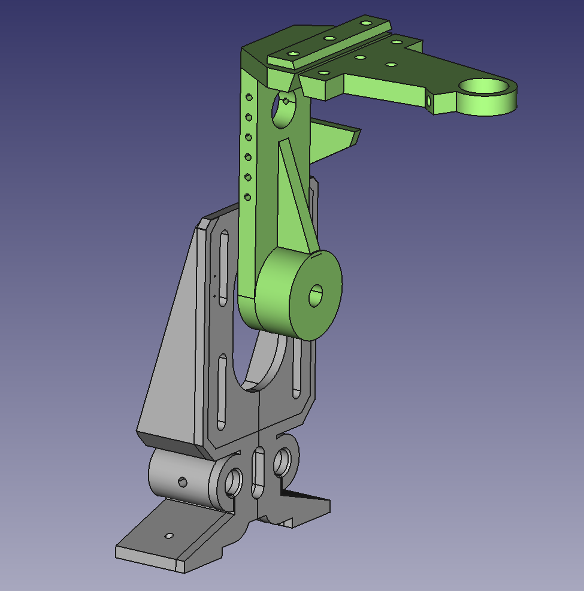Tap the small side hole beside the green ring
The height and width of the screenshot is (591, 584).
click(428, 101)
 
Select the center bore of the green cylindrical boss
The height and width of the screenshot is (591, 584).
click(316, 295)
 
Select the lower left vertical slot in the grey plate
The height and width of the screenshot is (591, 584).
click(222, 392)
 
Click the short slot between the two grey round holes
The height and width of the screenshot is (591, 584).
click(258, 473)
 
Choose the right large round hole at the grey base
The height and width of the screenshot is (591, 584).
click(282, 462)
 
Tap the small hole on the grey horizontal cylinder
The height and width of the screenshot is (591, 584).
click(183, 482)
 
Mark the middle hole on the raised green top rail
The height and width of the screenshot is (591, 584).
click(329, 38)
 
